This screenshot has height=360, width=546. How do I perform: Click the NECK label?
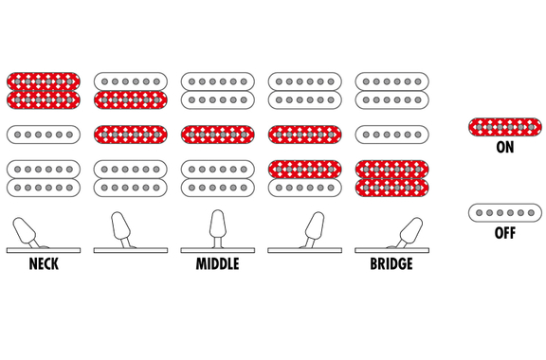[44, 264]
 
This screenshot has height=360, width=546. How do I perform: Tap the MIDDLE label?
[218, 264]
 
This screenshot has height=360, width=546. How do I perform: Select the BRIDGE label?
[391, 264]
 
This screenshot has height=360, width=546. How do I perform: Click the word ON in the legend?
[505, 147]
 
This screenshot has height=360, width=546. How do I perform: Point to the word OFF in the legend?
[505, 233]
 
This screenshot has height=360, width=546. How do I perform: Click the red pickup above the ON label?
[505, 127]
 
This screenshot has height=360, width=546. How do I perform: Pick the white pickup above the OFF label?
[505, 213]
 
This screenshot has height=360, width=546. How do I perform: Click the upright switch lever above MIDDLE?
[218, 228]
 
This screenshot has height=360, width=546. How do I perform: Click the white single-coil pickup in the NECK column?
[44, 135]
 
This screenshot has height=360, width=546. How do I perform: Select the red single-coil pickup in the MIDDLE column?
[218, 135]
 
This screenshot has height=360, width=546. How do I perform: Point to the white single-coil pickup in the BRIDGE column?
[391, 135]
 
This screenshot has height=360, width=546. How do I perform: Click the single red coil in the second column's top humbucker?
[131, 99]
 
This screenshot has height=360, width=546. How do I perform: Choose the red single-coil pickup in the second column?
[131, 135]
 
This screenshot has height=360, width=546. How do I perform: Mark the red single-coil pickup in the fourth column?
[304, 135]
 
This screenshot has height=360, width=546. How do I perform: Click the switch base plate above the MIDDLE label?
[218, 250]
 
